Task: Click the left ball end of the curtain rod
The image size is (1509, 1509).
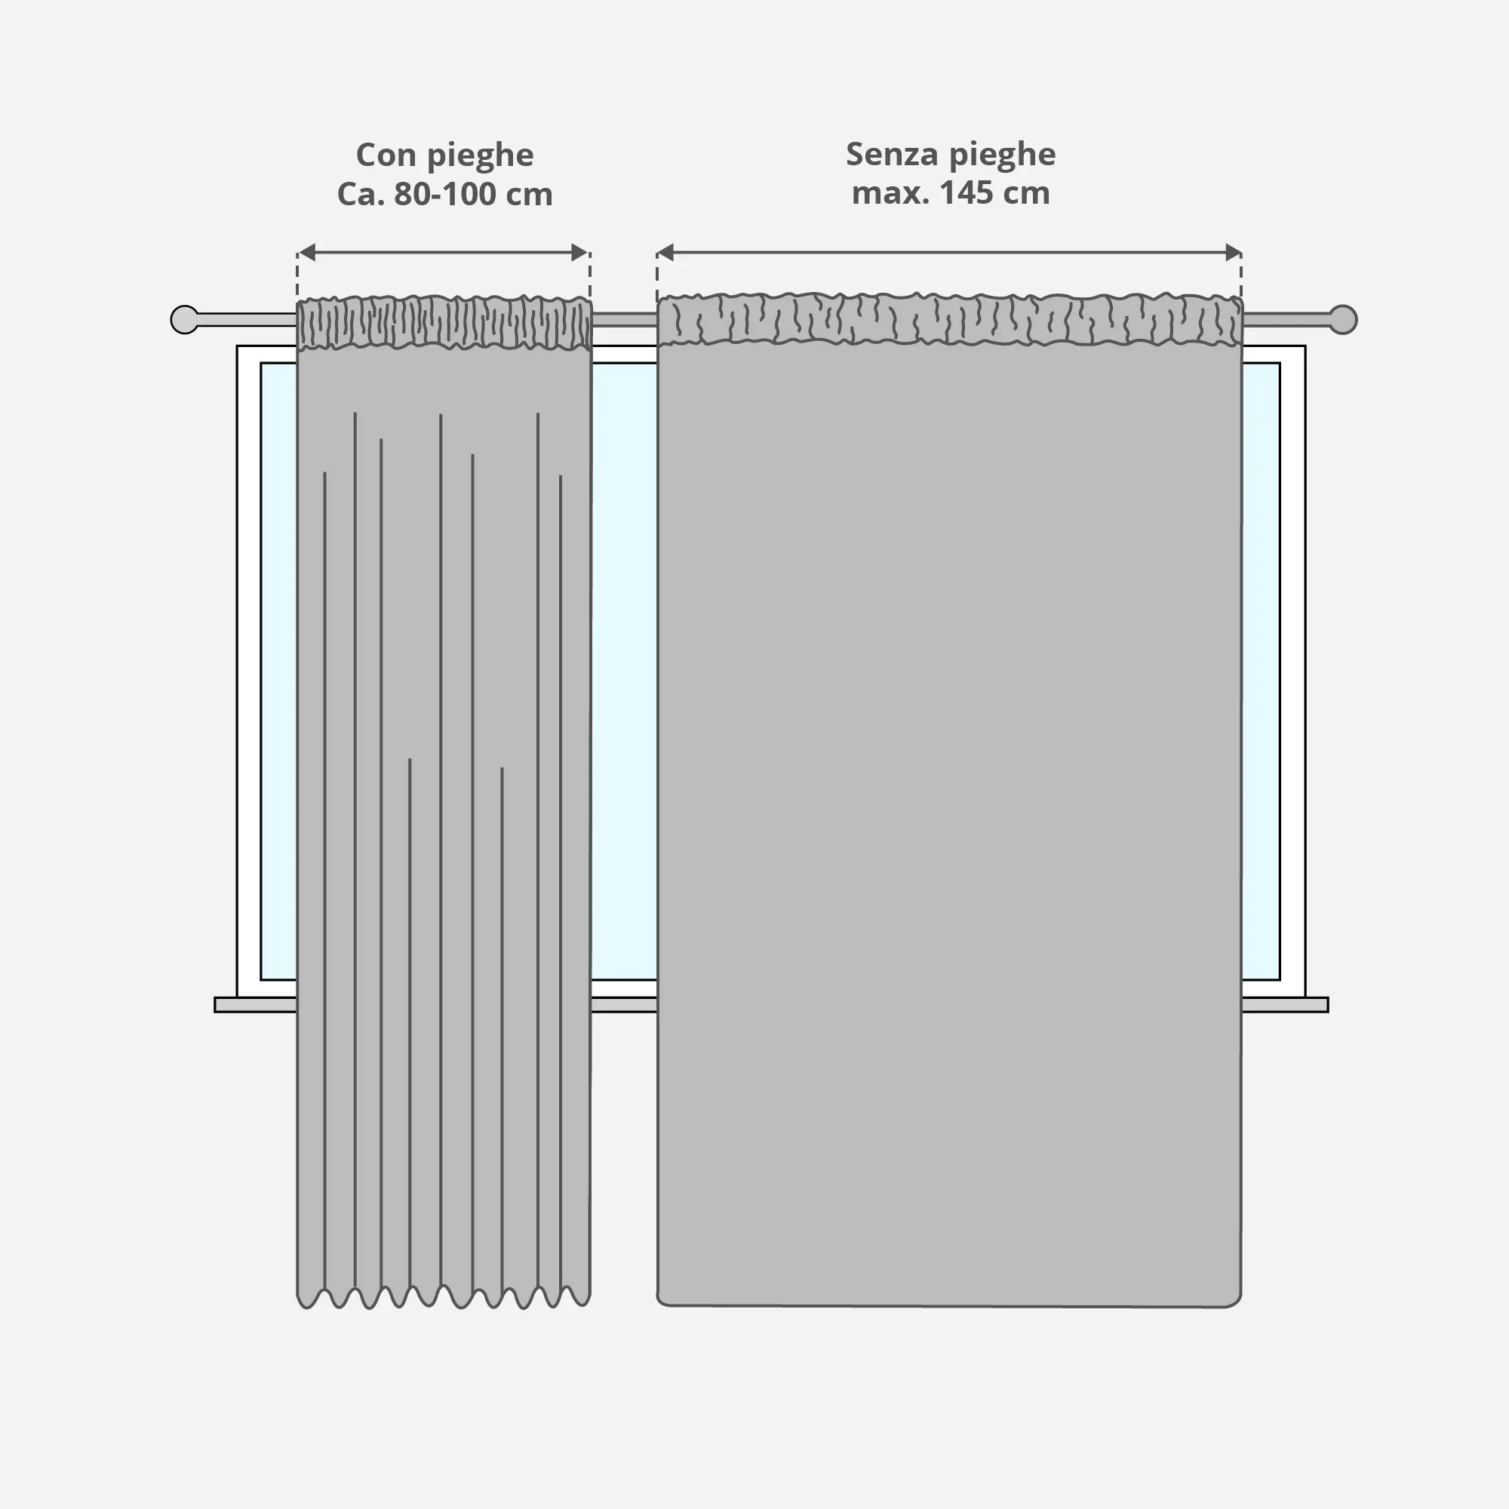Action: (x=184, y=319)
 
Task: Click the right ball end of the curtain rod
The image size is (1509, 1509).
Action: (x=1343, y=319)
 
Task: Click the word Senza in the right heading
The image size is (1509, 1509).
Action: (x=891, y=154)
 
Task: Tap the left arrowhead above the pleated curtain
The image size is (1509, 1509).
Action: (x=307, y=252)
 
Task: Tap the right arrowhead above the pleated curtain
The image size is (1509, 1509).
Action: (x=579, y=252)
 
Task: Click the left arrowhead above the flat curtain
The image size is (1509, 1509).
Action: (x=665, y=252)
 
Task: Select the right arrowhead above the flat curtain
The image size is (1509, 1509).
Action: (x=1234, y=252)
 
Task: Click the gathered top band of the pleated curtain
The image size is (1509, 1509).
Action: (x=444, y=323)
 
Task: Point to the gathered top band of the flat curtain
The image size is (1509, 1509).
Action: (x=949, y=319)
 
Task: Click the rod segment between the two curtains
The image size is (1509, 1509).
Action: (x=624, y=319)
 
